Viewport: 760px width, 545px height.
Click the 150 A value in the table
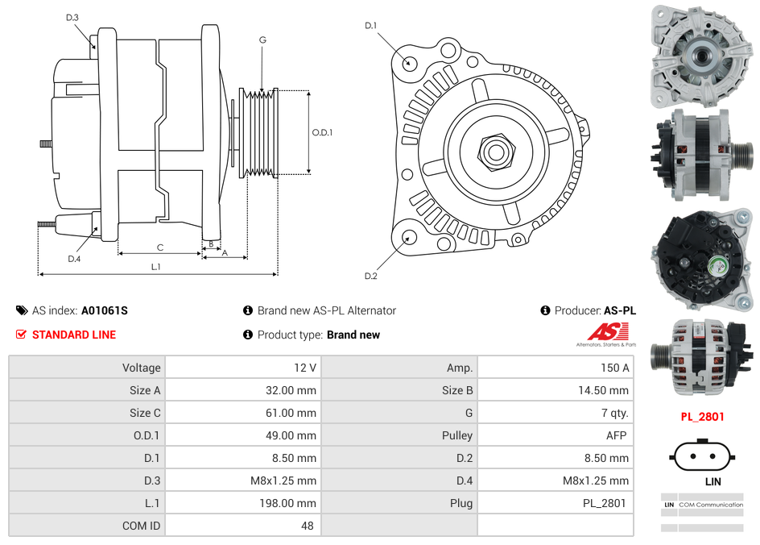614,368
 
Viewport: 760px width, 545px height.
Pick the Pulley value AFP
616,435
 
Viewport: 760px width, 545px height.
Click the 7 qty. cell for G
614,413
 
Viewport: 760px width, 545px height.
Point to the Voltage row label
141,368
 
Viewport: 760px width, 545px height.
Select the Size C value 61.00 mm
294,413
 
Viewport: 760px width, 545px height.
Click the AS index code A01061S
104,310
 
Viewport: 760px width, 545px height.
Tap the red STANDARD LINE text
74,335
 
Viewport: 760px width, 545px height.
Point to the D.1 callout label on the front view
370,26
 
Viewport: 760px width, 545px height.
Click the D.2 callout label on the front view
370,277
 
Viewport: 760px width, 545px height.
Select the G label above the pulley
262,40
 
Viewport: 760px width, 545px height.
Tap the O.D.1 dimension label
322,132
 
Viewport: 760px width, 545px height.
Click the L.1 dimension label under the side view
156,266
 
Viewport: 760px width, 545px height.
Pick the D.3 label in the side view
72,17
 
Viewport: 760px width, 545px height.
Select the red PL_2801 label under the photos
702,417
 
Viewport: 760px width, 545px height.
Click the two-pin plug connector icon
702,456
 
